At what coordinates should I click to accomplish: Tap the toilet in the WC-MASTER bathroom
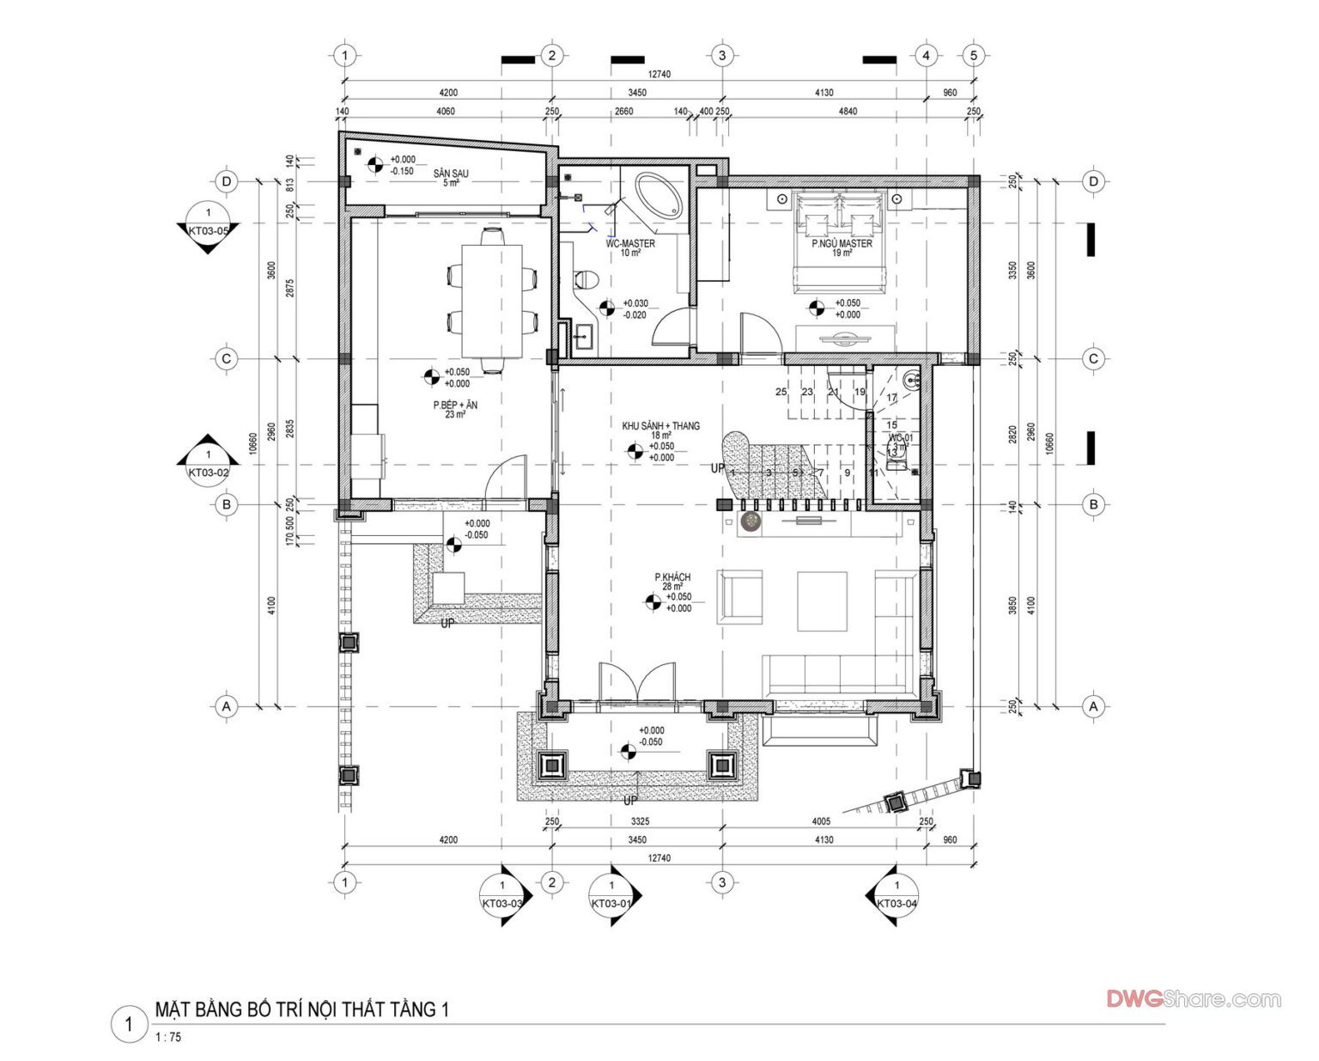point(586,279)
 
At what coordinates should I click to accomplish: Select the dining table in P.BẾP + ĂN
point(492,301)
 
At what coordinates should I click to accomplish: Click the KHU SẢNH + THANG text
point(660,425)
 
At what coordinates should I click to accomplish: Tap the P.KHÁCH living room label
point(672,577)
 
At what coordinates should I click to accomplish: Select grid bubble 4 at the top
point(926,56)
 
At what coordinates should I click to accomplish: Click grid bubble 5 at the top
point(973,56)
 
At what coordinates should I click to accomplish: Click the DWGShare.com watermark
point(1193,999)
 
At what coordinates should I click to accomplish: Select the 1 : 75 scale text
point(169,1037)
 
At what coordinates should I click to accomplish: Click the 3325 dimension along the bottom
point(638,821)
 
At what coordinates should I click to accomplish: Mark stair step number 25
point(781,392)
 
